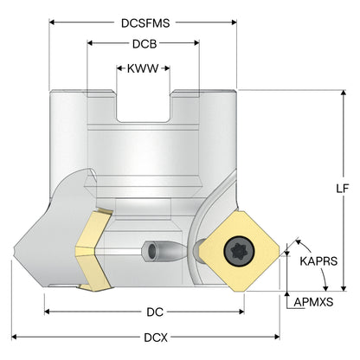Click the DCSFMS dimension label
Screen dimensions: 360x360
click(x=145, y=23)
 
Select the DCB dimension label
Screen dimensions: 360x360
click(x=145, y=44)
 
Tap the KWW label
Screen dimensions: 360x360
click(x=143, y=68)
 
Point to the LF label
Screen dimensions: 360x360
click(x=343, y=189)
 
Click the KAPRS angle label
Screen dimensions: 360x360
click(x=318, y=261)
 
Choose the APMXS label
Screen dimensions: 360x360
click(x=313, y=302)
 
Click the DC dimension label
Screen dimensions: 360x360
click(x=155, y=312)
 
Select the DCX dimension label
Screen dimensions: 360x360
click(x=156, y=337)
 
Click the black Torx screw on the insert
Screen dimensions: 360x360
click(x=240, y=250)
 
